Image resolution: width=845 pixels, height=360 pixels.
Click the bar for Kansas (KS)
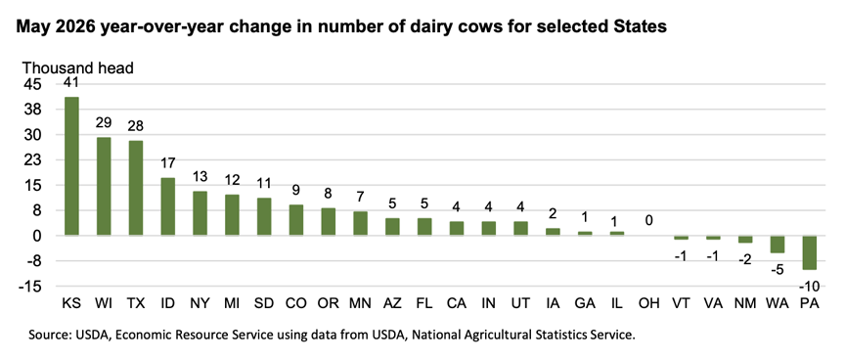tap(71, 166)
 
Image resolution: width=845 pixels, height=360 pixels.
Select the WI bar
tap(104, 187)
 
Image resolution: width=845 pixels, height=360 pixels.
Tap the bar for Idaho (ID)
tap(167, 206)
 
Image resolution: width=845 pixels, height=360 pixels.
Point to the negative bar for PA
tap(810, 252)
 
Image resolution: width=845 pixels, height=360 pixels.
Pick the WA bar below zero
tap(778, 245)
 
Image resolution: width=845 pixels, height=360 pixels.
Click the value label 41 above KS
tap(71, 82)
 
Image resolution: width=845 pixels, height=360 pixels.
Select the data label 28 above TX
tap(136, 126)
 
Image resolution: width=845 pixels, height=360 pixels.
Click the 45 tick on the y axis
tap(31, 84)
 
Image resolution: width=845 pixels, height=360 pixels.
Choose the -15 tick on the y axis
tap(29, 287)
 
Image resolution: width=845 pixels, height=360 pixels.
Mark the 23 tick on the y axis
tap(31, 160)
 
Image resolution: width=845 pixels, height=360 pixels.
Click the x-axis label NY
tap(200, 303)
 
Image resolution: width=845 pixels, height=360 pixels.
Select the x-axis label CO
tap(296, 303)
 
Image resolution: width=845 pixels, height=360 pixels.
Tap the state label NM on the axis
tap(745, 303)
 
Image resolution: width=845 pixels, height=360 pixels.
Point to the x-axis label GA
tap(585, 303)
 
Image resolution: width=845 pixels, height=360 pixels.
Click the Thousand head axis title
tap(77, 67)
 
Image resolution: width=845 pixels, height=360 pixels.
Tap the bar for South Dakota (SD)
tap(264, 216)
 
